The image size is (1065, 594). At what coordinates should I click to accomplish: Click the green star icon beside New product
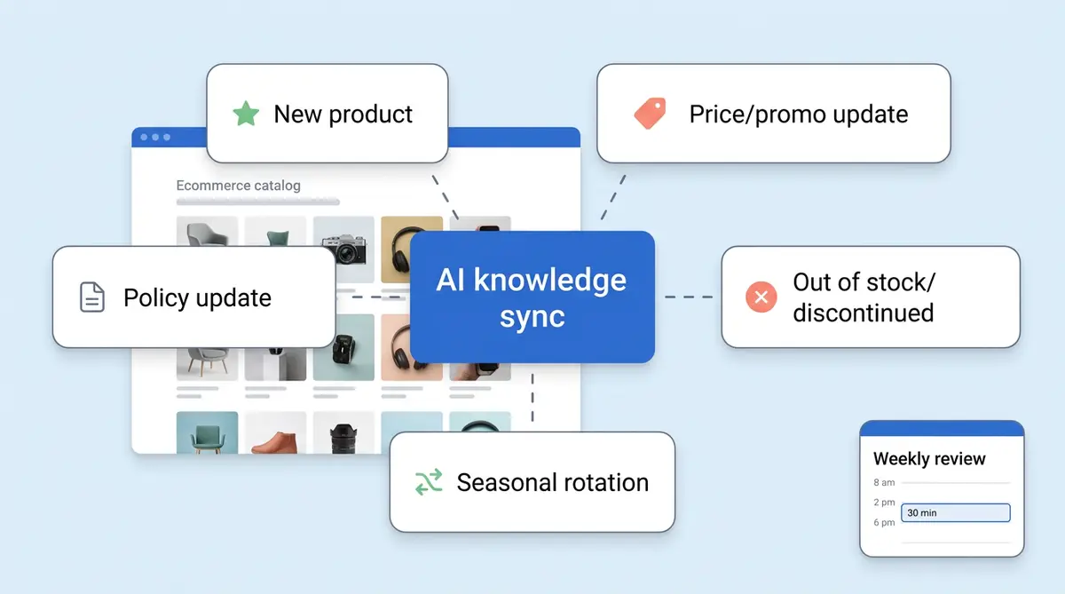(x=246, y=114)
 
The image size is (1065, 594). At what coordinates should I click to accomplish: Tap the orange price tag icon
(x=650, y=114)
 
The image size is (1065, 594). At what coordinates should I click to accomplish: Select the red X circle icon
(x=761, y=297)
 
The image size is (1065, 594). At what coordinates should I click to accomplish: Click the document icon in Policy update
(x=92, y=297)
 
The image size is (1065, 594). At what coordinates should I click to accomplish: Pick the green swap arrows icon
(x=429, y=482)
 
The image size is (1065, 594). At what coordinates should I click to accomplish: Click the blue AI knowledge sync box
(x=532, y=297)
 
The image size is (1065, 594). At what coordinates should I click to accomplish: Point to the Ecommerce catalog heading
(x=238, y=186)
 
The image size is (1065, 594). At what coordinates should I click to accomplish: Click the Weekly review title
(x=929, y=459)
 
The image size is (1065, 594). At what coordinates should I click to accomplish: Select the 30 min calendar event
(x=955, y=513)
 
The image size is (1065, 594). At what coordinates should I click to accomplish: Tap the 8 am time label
(x=884, y=483)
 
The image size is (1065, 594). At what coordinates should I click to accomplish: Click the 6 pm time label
(x=884, y=523)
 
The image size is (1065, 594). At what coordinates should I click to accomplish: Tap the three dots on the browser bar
(x=154, y=138)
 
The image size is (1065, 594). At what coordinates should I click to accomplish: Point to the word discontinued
(x=863, y=313)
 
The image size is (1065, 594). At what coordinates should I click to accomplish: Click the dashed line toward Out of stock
(x=689, y=297)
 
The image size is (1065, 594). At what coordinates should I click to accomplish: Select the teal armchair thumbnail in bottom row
(x=207, y=434)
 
